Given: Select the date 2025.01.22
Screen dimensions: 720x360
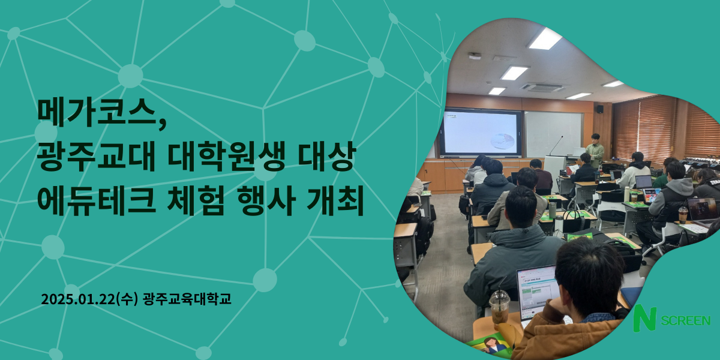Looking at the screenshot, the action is [79, 299].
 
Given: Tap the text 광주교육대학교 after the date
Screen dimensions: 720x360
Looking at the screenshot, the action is [187, 299].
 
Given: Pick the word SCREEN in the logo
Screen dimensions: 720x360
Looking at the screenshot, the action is [686, 321].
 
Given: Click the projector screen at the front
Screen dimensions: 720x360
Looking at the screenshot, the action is [481, 133].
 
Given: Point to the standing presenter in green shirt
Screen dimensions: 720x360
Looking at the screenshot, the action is [595, 151].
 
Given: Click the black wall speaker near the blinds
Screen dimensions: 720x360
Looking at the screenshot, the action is [600, 109].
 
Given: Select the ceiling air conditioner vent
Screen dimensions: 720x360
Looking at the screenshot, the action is [542, 87].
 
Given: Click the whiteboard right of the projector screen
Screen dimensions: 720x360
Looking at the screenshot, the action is [553, 134].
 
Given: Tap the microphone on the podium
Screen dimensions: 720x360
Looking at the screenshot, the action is [556, 146].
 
